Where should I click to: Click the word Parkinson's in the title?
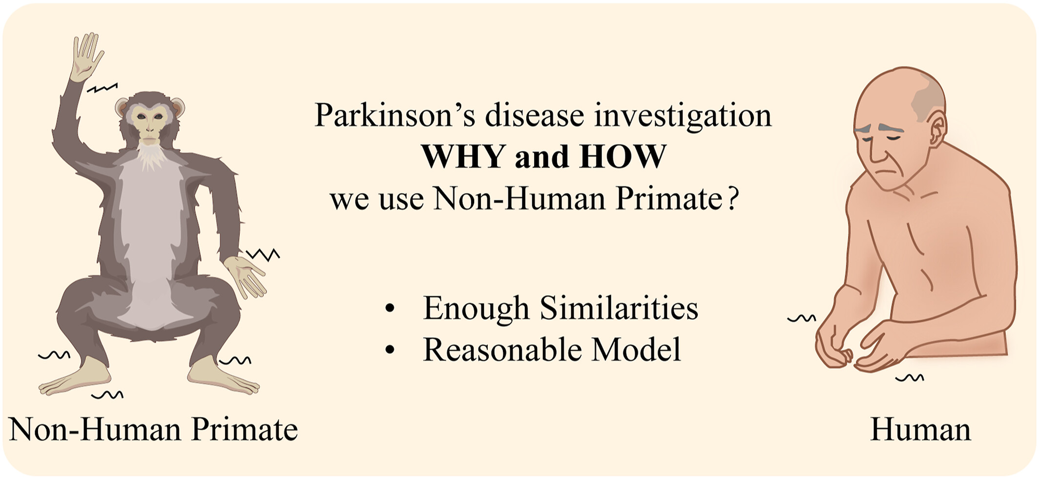tap(395, 115)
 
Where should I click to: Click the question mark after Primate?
tap(732, 199)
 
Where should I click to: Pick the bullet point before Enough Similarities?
tap(389, 308)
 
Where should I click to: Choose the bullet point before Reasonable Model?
tap(389, 349)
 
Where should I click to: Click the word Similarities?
tap(619, 308)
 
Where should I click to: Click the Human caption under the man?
tap(920, 430)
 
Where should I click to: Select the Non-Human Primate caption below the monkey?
tap(153, 430)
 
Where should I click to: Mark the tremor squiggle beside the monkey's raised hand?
tap(103, 88)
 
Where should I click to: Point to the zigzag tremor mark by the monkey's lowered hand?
tap(263, 255)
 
